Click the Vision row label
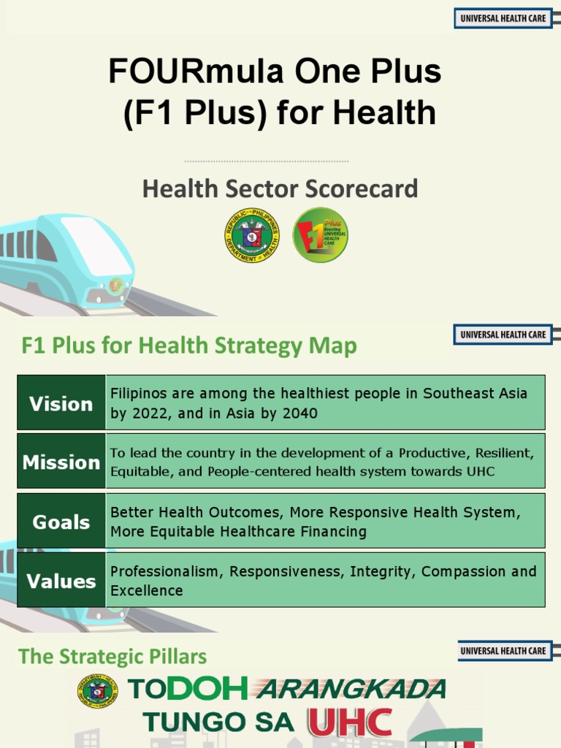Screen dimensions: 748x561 click(61, 404)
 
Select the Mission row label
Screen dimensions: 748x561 click(61, 462)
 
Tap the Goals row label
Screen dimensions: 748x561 click(61, 522)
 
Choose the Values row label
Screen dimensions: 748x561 click(61, 581)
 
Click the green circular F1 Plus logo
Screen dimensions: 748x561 click(320, 234)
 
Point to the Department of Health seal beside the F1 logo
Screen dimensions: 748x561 click(252, 234)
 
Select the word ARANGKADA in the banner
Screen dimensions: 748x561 click(353, 689)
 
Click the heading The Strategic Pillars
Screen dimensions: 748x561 click(113, 656)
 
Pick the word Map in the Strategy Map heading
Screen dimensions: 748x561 click(337, 346)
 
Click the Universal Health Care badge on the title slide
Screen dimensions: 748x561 click(503, 18)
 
